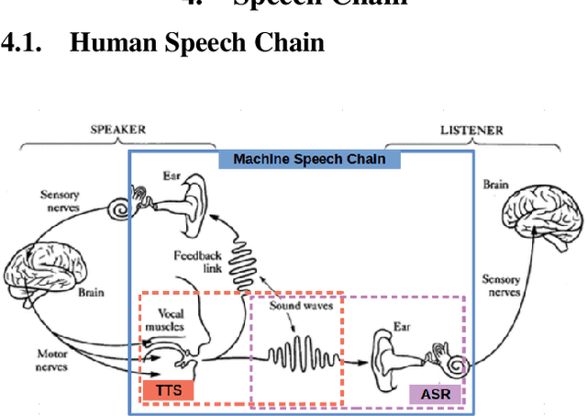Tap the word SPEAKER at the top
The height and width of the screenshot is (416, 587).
coord(116,129)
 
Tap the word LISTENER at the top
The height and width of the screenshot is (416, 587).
coord(471,130)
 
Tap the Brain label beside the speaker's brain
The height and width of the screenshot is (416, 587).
coord(91,293)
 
